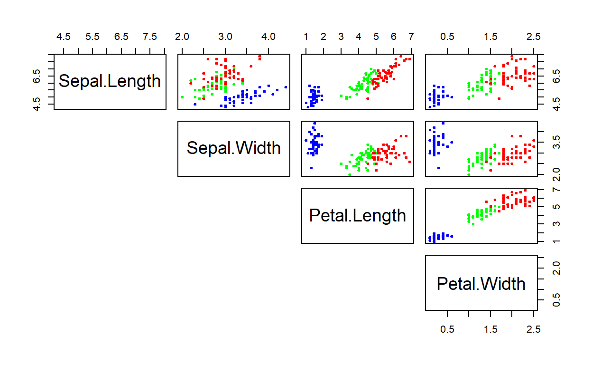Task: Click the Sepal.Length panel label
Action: pos(110,81)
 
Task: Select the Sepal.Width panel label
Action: pos(233,148)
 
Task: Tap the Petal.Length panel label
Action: pos(358,216)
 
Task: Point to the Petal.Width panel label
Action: pos(481,284)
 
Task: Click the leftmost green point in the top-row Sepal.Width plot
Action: pos(182,97)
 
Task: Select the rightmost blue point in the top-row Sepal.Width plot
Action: pos(286,87)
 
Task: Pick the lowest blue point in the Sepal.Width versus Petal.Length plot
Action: pos(311,168)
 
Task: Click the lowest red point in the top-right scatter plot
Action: pos(499,98)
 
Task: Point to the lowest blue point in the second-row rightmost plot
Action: pos(438,168)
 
